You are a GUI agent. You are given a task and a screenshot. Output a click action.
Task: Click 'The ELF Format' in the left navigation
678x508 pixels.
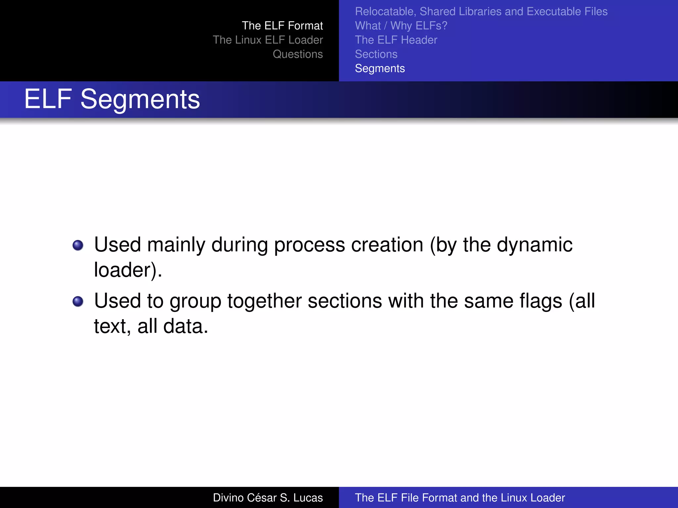[282, 26]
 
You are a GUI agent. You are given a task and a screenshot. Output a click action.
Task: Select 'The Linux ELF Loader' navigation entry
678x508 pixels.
[267, 40]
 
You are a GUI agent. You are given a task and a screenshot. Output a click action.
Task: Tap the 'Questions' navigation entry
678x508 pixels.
[298, 54]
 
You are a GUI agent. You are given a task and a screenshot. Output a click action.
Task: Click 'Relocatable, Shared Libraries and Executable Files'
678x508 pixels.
[481, 12]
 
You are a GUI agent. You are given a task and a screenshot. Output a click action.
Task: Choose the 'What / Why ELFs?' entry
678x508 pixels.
[401, 26]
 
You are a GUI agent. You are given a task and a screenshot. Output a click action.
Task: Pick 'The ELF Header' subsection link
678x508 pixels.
[396, 40]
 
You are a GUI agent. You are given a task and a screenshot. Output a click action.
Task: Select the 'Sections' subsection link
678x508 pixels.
[376, 54]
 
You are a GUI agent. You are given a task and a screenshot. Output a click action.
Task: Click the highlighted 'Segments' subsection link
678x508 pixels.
[380, 68]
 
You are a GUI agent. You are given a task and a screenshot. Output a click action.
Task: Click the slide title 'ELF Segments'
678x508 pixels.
[112, 99]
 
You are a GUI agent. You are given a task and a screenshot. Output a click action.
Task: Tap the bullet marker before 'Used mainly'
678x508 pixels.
[78, 245]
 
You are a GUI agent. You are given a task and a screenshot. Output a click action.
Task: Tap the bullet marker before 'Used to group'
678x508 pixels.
[78, 301]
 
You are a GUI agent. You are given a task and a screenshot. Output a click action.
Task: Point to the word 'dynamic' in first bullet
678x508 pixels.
[534, 245]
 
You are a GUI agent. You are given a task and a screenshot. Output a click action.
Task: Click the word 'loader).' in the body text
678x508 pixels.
[128, 270]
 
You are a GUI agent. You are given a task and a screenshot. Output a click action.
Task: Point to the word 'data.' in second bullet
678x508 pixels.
[186, 326]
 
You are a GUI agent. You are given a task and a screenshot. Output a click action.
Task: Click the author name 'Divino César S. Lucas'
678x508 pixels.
[267, 498]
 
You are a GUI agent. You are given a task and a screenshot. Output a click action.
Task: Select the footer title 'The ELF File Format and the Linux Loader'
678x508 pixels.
[460, 498]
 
